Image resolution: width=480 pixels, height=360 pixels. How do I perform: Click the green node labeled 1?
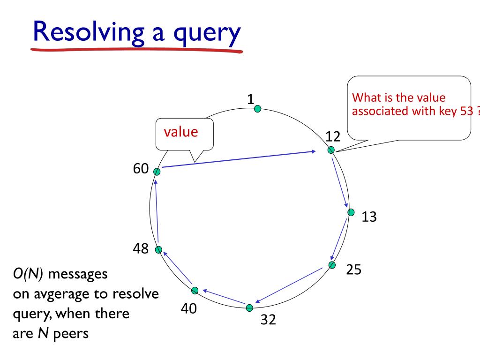[x=257, y=109]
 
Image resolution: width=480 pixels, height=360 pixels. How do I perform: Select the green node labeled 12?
[x=331, y=150]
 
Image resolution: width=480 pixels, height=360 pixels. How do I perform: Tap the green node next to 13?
[x=351, y=212]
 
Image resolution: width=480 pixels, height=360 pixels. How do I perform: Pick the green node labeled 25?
[x=332, y=265]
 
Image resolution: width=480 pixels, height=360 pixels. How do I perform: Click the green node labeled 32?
[x=250, y=308]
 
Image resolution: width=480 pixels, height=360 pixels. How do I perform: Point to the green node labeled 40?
[x=195, y=290]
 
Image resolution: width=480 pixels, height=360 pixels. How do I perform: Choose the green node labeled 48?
[x=158, y=250]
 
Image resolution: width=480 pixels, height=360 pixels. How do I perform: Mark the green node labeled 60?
[x=157, y=172]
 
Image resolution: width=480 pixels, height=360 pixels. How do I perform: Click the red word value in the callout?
[x=181, y=132]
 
